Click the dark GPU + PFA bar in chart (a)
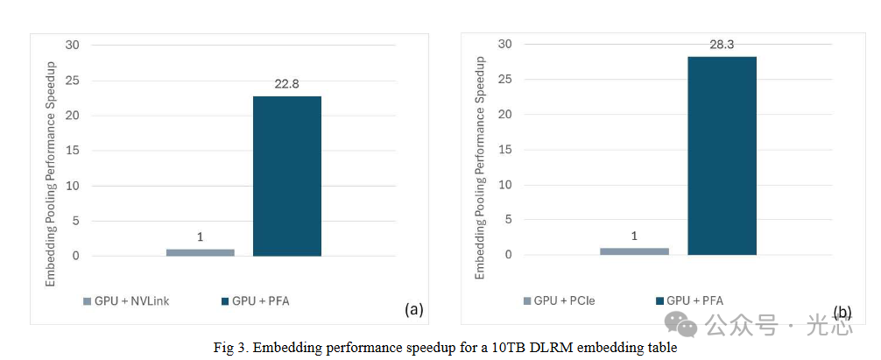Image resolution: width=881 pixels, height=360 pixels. pyautogui.click(x=287, y=175)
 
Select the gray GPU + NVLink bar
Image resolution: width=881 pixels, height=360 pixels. pyautogui.click(x=201, y=252)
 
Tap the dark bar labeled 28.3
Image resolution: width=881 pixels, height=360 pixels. pyautogui.click(x=722, y=155)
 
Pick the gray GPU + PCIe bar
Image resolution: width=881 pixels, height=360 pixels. pyautogui.click(x=634, y=251)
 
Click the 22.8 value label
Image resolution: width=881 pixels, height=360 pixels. pyautogui.click(x=287, y=84)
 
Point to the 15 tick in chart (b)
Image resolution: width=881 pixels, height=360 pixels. pyautogui.click(x=505, y=150)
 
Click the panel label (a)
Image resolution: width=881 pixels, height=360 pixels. pyautogui.click(x=413, y=309)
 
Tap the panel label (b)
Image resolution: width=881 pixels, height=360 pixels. pyautogui.click(x=842, y=312)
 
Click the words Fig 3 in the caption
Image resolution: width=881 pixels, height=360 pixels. pyautogui.click(x=227, y=348)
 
